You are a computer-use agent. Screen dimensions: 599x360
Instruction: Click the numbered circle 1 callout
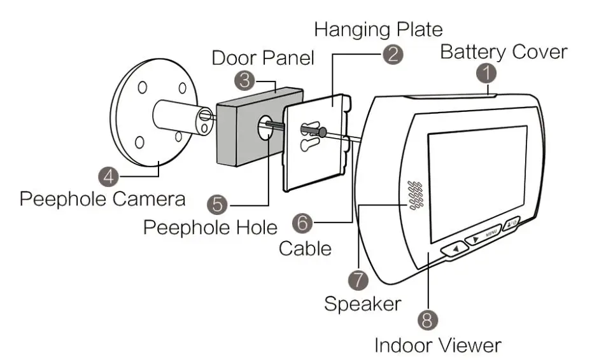click(x=487, y=73)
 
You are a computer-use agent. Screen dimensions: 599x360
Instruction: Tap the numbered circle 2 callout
click(x=393, y=54)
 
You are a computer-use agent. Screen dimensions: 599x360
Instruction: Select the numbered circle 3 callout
click(x=244, y=81)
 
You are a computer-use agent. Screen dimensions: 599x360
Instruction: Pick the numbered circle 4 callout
click(x=109, y=177)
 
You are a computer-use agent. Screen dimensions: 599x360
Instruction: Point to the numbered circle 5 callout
click(x=217, y=205)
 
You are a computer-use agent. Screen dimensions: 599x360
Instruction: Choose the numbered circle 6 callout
click(x=302, y=222)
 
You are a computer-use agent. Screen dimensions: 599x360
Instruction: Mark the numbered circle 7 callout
click(x=358, y=280)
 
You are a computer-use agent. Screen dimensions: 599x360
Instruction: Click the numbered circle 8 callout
click(x=428, y=320)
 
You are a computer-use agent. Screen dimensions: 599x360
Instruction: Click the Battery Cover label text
click(x=504, y=52)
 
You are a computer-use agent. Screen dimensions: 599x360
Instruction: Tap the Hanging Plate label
click(x=379, y=29)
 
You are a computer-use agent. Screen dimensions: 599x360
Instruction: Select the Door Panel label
click(x=263, y=58)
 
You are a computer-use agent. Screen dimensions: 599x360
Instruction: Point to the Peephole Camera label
click(x=102, y=199)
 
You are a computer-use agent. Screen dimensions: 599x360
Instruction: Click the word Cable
click(x=305, y=249)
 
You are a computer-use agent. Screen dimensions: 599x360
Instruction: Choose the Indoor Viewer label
click(x=438, y=345)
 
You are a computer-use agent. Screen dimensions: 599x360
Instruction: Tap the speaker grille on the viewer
click(x=416, y=195)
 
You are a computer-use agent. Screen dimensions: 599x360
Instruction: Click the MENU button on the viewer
click(x=483, y=235)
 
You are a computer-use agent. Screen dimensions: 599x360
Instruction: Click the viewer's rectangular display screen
click(x=477, y=184)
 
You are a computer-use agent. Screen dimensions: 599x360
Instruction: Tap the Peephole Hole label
click(x=210, y=228)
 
